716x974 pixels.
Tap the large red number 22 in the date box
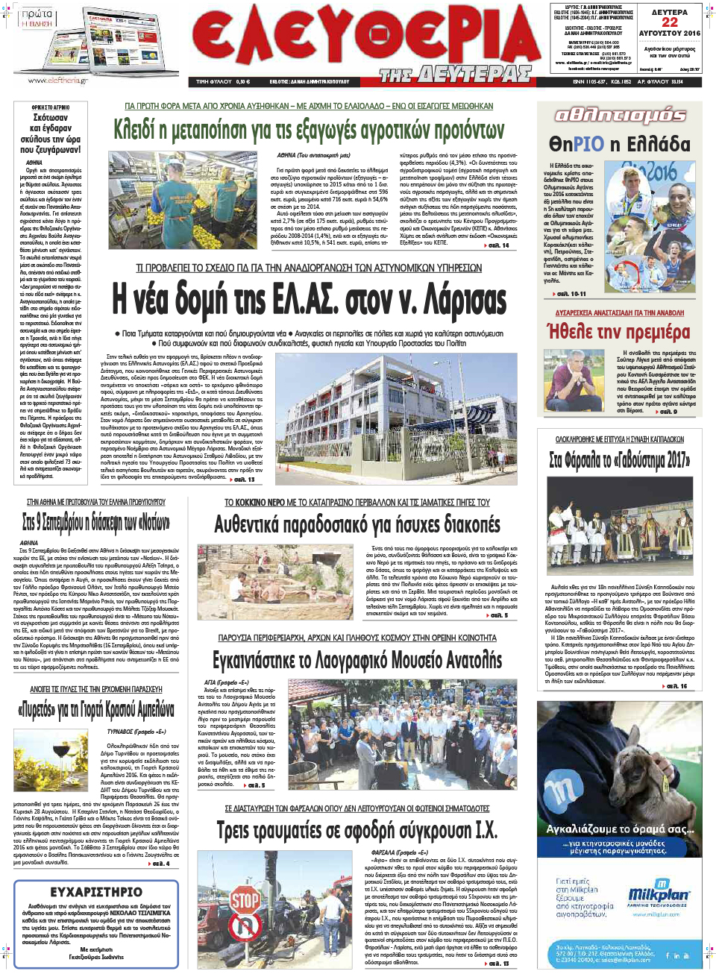(x=670, y=22)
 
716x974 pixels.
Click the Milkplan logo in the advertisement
(x=658, y=893)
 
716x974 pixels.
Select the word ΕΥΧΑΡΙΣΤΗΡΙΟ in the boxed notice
(x=96, y=892)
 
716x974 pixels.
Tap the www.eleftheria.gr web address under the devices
(x=58, y=81)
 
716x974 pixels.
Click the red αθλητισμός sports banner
(x=619, y=115)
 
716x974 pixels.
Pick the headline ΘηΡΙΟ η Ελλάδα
(x=619, y=144)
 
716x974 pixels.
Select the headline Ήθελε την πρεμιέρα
(x=618, y=331)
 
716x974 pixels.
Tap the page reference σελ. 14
(x=497, y=245)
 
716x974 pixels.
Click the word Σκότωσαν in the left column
(x=51, y=118)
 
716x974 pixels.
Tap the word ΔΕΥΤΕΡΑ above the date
(x=670, y=12)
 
